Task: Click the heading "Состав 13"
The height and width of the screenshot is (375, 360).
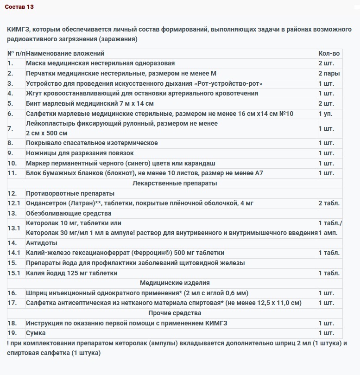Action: (19, 7)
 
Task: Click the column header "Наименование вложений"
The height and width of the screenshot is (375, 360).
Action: (65, 53)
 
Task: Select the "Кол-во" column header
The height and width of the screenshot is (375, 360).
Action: (329, 53)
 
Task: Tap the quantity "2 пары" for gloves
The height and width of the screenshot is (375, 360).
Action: (329, 73)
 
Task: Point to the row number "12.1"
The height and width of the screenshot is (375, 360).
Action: (14, 203)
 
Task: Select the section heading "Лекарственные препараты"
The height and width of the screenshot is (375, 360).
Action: (175, 183)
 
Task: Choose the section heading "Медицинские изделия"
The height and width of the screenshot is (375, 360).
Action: (175, 283)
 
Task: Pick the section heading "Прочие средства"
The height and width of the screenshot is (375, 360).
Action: (175, 313)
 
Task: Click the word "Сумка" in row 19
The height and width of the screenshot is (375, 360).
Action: (36, 333)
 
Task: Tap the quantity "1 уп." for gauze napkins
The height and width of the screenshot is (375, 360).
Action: (326, 114)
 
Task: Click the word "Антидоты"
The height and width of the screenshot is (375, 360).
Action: (42, 243)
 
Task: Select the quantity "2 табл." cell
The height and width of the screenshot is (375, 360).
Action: (329, 203)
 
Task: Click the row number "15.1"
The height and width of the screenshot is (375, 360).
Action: (14, 273)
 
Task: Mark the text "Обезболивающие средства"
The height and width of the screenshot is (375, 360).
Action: (69, 213)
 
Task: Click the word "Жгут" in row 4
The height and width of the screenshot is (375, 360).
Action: (34, 93)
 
